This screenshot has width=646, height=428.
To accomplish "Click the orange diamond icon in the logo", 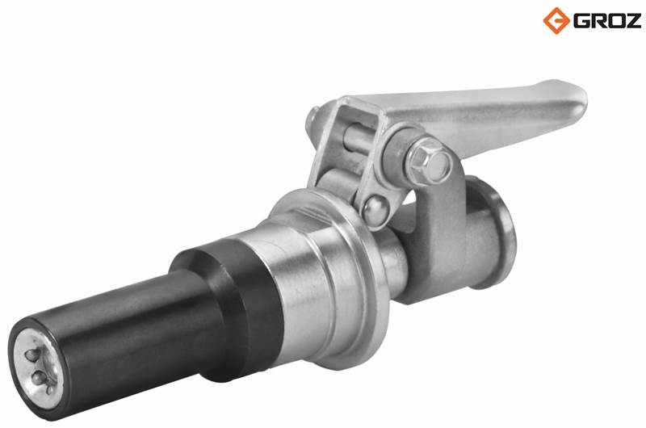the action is pyautogui.click(x=556, y=20).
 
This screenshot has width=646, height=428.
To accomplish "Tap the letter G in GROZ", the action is pyautogui.click(x=581, y=21).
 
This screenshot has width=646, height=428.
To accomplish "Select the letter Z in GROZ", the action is pyautogui.click(x=632, y=21).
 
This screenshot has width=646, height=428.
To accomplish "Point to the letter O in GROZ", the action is pyautogui.click(x=615, y=21).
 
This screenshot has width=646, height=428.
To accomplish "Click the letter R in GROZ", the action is pyautogui.click(x=598, y=21).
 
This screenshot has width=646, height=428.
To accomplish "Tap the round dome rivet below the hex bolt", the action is pyautogui.click(x=375, y=209).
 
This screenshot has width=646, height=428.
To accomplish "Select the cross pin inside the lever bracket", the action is pyautogui.click(x=358, y=137).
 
